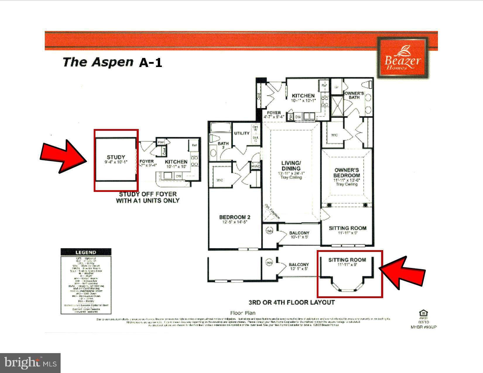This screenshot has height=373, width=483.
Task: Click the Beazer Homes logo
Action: coord(402,58)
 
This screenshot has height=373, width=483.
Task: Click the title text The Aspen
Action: coord(98,62)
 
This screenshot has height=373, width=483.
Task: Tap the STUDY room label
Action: coord(116,157)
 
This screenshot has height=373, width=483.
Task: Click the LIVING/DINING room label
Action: coord(291,166)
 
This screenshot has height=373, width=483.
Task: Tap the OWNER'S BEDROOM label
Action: coord(347,173)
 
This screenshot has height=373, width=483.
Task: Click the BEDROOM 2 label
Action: coord(235,217)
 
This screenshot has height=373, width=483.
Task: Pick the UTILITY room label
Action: coord(242,133)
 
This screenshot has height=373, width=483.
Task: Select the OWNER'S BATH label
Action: coord(354,95)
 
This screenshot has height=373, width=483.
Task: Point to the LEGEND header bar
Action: coord(86,252)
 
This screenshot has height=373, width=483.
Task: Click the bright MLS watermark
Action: coord(30,363)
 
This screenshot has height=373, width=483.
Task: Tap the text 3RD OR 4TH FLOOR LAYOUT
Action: coord(292,302)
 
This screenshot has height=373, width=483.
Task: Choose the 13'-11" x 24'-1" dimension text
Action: coord(291,173)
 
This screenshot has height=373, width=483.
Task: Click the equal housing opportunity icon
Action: coord(423,313)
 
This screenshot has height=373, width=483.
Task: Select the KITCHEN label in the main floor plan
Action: coord(303,96)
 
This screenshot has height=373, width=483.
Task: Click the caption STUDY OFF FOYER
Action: coord(148,194)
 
